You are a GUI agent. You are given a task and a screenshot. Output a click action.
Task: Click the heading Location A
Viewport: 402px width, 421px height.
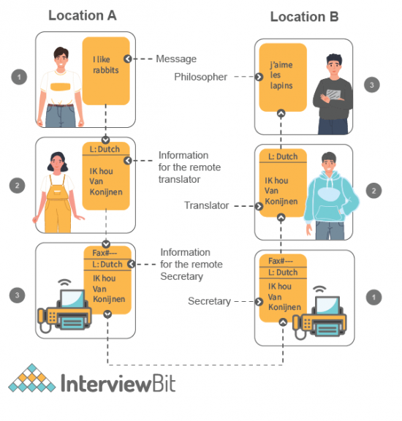click(x=82, y=15)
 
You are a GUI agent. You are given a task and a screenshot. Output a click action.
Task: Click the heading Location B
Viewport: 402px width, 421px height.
click(x=304, y=18)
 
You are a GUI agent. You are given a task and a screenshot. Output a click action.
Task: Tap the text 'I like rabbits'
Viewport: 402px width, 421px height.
click(x=106, y=66)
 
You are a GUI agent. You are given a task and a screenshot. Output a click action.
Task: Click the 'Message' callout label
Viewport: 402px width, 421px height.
click(x=176, y=58)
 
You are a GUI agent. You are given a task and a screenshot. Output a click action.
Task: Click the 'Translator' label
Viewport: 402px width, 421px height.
click(x=205, y=206)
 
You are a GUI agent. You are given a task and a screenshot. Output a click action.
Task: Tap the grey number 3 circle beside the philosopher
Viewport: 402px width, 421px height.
click(x=372, y=85)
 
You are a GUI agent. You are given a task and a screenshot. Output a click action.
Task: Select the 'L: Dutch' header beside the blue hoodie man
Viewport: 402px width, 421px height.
click(x=282, y=156)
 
